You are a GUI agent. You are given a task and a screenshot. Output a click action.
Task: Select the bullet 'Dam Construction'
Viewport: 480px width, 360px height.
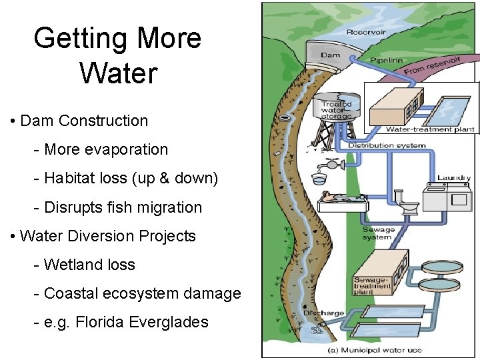[84, 121]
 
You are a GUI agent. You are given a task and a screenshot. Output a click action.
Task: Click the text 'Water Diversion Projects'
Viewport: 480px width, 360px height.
[108, 236]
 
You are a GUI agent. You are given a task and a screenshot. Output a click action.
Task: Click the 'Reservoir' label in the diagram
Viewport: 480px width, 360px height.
[364, 31]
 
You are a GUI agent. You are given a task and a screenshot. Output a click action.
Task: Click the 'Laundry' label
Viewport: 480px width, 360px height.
[453, 178]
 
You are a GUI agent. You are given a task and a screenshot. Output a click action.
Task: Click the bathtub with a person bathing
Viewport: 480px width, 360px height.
[342, 201]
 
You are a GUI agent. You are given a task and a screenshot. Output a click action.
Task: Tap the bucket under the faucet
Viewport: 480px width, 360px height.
[318, 179]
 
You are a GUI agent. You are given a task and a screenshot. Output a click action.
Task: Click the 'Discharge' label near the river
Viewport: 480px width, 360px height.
[324, 313]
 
